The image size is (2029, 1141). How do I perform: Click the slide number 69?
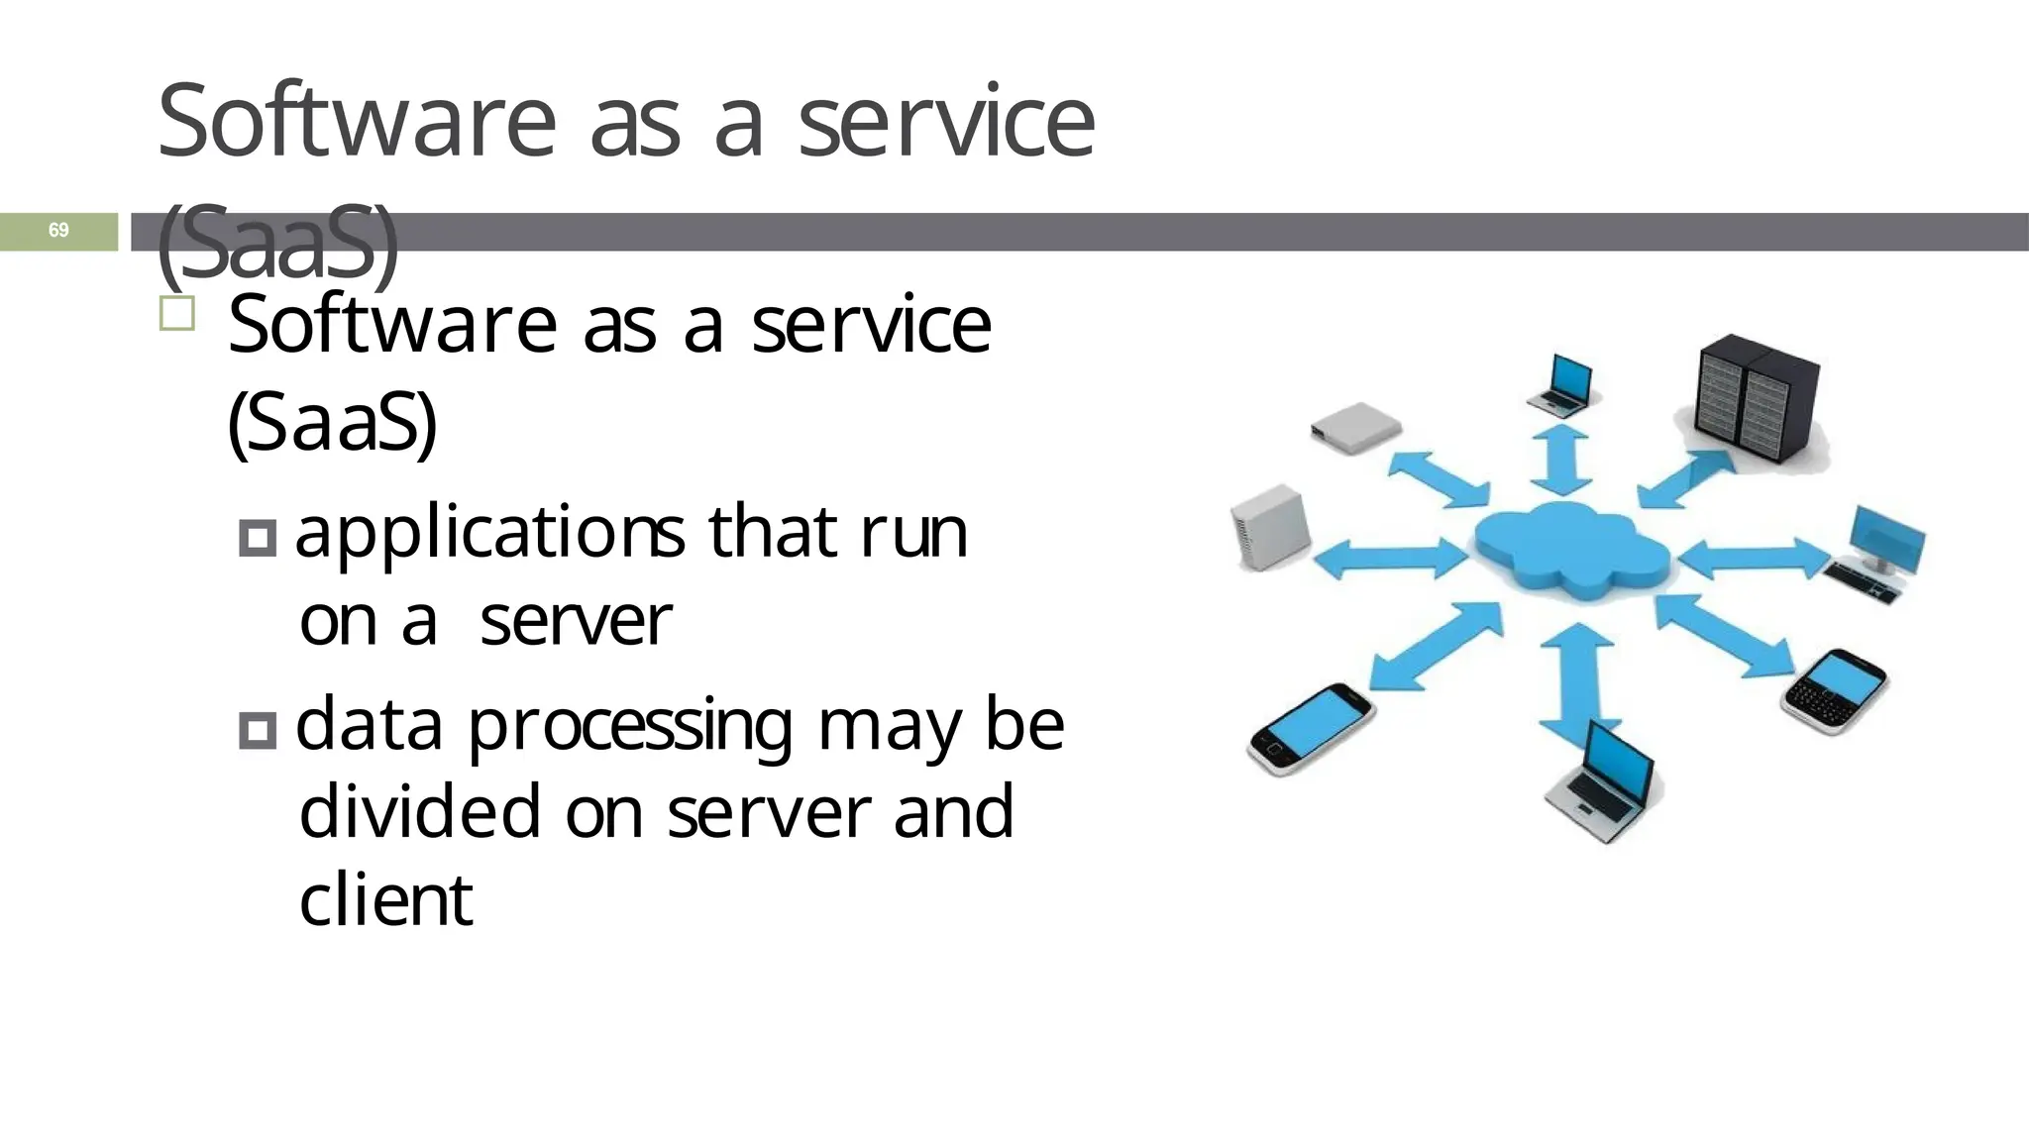pos(58,231)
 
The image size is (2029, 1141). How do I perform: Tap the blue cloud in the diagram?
pos(1570,551)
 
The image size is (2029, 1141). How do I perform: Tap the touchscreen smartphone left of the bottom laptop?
pos(1311,728)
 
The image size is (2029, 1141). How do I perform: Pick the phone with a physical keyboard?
pos(1835,691)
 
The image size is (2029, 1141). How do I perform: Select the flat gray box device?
pos(1355,426)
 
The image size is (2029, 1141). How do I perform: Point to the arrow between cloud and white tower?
pos(1391,558)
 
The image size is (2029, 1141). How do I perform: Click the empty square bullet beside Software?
pos(177,314)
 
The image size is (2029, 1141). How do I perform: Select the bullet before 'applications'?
pos(258,538)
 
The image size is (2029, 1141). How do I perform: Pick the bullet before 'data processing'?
pos(258,731)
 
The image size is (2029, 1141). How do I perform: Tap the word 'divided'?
pos(420,811)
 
